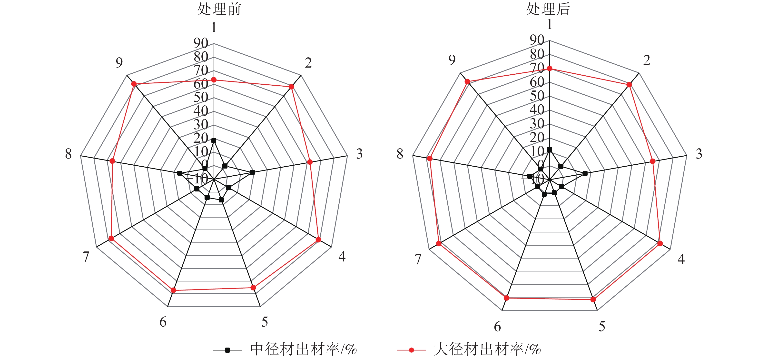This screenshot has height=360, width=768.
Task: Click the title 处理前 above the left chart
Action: [x=219, y=9]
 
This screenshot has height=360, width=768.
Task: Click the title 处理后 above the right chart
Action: [x=548, y=9]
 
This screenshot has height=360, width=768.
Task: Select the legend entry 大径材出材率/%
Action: [x=487, y=349]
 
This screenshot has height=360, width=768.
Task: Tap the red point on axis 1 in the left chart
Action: [x=214, y=80]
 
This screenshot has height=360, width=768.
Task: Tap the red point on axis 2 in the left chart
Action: [x=291, y=87]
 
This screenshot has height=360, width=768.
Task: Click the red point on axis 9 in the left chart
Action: [x=134, y=84]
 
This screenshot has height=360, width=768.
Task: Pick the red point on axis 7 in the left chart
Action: [x=111, y=238]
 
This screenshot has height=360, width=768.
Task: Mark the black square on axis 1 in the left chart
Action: [x=214, y=141]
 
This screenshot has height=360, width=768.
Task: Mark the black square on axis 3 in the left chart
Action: [x=252, y=172]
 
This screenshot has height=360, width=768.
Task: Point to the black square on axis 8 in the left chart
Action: [x=179, y=173]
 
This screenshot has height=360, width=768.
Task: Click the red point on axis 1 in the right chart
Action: [x=550, y=69]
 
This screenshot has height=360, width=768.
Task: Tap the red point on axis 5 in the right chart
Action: [x=593, y=300]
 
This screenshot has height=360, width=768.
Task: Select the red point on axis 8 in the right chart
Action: [x=430, y=158]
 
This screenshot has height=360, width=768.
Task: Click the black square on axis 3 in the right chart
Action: [x=585, y=173]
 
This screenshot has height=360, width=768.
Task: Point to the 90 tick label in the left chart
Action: [x=201, y=43]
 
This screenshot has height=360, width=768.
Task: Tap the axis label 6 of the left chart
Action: [x=163, y=322]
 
